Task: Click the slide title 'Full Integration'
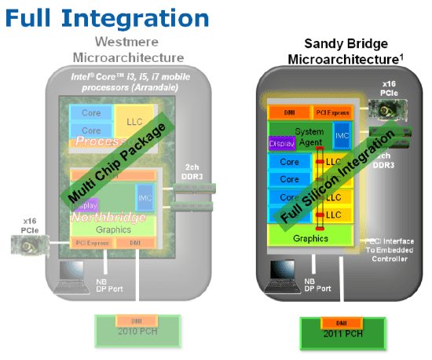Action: pos(108,17)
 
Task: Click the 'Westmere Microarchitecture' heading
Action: pos(128,50)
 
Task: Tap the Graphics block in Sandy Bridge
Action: pos(309,237)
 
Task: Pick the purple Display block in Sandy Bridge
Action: pos(281,144)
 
